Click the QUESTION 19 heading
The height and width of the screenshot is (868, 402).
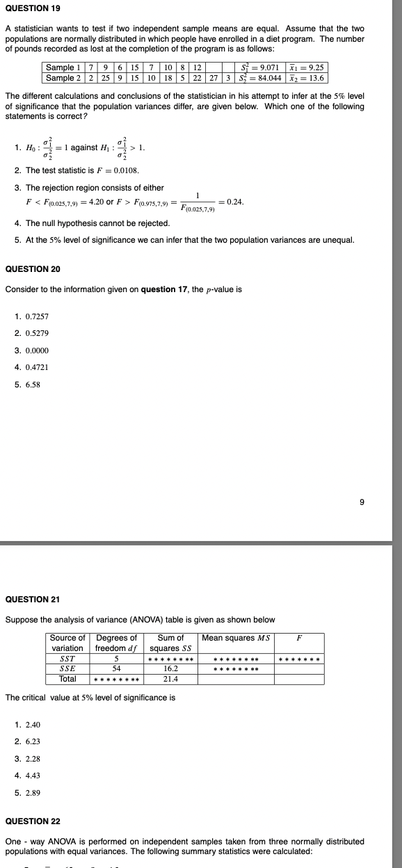pyautogui.click(x=32, y=8)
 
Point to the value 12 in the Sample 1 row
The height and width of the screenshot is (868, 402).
pyautogui.click(x=198, y=67)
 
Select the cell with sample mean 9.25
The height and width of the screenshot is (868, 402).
pyautogui.click(x=309, y=67)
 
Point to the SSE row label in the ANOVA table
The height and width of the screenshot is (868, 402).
pyautogui.click(x=67, y=668)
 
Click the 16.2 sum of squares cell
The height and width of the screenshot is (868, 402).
pyautogui.click(x=170, y=668)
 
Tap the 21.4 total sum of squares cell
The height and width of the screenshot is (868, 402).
pyautogui.click(x=170, y=678)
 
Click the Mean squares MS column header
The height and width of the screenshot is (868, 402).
pyautogui.click(x=236, y=638)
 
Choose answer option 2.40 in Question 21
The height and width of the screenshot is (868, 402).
pyautogui.click(x=33, y=725)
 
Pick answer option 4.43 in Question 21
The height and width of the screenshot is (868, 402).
pyautogui.click(x=33, y=775)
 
